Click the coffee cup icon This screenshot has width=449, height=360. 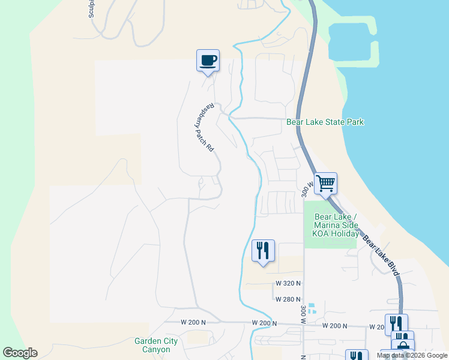click(208, 60)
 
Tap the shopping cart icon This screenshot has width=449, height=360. click(325, 183)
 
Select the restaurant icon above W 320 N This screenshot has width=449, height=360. click(263, 250)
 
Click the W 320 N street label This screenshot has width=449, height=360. click(288, 283)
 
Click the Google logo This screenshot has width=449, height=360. click(20, 353)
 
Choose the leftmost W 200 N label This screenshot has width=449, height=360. click(193, 322)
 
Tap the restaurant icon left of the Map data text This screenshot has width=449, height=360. click(357, 356)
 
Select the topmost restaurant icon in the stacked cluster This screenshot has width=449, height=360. click(396, 324)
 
